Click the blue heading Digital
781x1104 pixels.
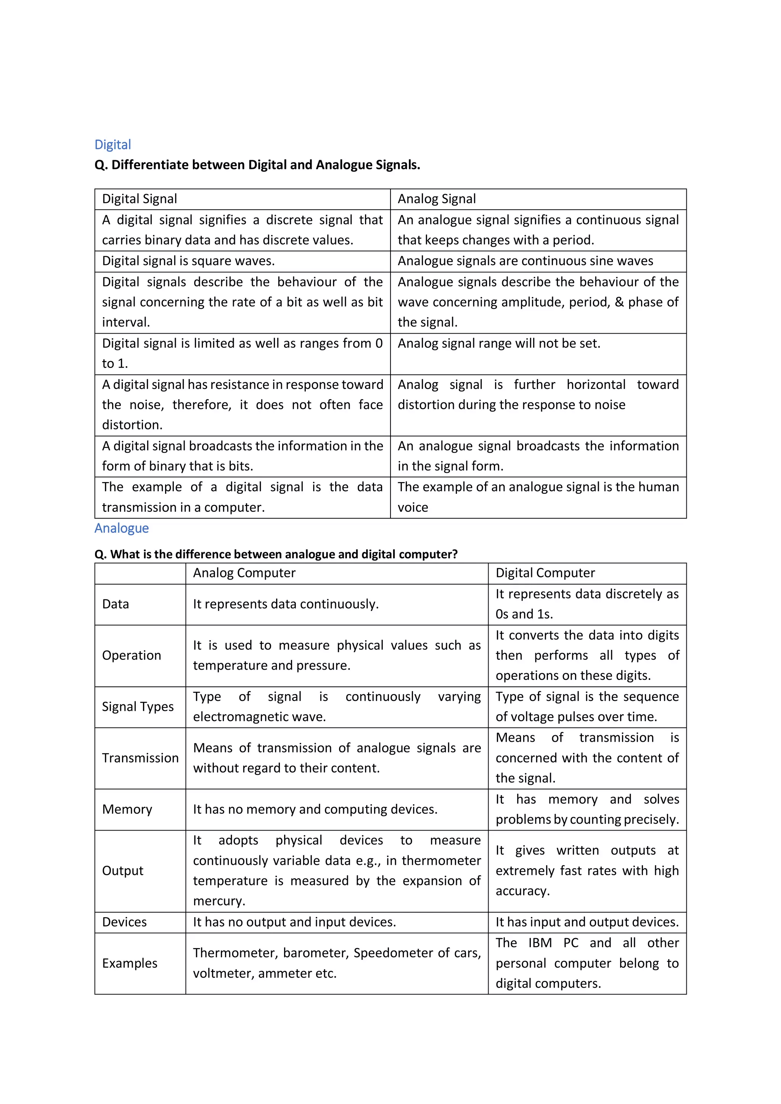(x=112, y=145)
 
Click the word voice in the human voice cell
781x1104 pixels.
(x=413, y=507)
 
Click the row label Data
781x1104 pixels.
(x=116, y=604)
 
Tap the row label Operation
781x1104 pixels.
(x=131, y=656)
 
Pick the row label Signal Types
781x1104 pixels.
(x=138, y=707)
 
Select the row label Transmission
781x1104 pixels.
(x=140, y=758)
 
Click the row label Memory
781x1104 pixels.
(x=127, y=809)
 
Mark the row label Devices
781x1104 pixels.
(x=124, y=922)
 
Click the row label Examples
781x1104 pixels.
(x=129, y=963)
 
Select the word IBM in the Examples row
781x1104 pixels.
(x=540, y=943)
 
